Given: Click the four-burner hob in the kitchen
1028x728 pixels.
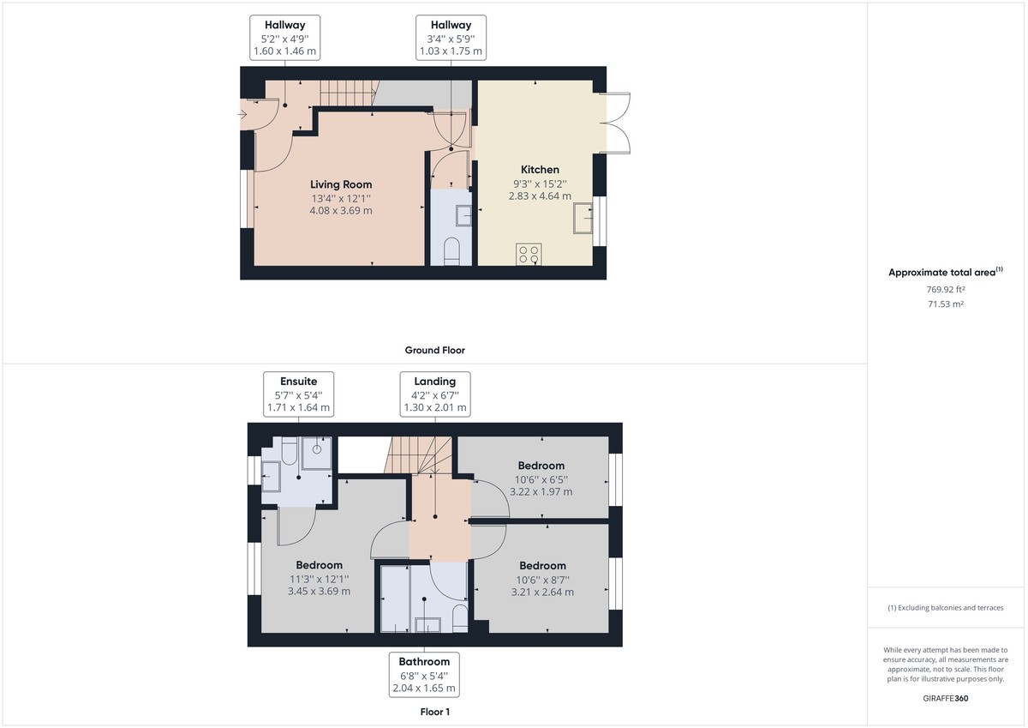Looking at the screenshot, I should coord(529,255).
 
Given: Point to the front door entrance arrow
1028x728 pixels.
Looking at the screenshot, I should coord(242,113).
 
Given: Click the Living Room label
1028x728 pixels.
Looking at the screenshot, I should coord(340,184).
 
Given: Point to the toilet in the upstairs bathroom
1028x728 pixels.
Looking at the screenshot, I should coord(459,617).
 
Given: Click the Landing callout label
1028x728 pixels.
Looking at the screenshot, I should coord(435,382).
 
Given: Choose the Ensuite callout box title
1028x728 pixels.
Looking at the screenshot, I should coord(298,382).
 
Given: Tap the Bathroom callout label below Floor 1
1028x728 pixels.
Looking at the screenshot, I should coord(424,662).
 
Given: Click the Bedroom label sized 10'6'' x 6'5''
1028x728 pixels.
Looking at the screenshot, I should coord(541,466).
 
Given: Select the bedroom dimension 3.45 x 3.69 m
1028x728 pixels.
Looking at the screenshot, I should coord(320,592).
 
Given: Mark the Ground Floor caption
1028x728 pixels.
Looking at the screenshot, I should coord(435,350).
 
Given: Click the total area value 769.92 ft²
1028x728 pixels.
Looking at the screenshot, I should coord(945,290).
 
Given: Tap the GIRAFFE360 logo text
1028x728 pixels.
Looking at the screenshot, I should coord(945,698).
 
